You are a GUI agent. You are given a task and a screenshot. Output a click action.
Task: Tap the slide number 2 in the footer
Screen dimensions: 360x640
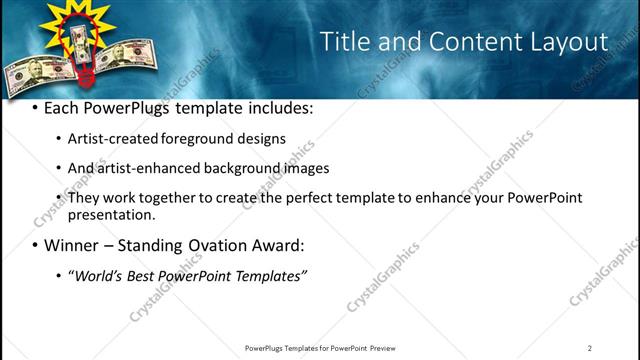pyautogui.click(x=589, y=348)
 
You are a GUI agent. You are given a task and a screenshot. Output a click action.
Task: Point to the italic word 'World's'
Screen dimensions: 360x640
pyautogui.click(x=97, y=276)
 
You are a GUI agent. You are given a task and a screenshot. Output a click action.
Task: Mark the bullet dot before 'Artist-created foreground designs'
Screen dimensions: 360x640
pyautogui.click(x=59, y=139)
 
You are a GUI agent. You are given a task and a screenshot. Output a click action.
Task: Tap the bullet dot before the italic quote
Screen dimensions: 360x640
pyautogui.click(x=59, y=276)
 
